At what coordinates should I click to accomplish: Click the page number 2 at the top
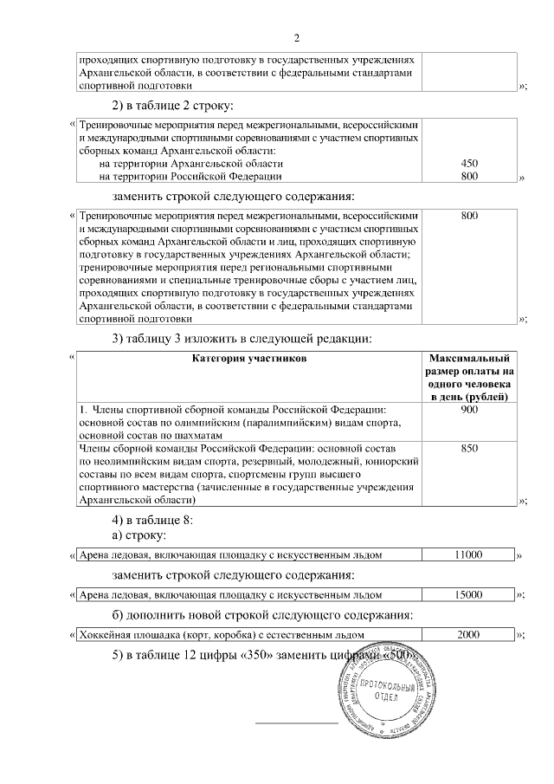[x=297, y=37]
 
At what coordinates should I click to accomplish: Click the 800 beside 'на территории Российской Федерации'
[x=469, y=177]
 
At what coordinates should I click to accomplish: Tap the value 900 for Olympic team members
[x=469, y=409]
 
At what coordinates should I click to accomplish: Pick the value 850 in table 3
[x=469, y=449]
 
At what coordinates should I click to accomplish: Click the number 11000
[x=468, y=554]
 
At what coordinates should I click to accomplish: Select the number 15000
[x=468, y=595]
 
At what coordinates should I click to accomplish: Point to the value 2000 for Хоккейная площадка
[x=468, y=635]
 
